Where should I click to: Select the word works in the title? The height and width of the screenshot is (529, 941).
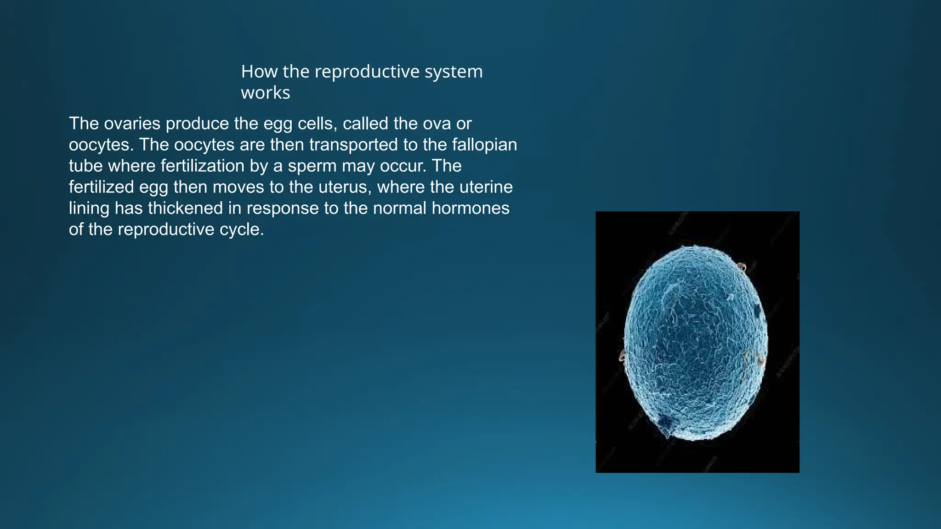click(x=266, y=93)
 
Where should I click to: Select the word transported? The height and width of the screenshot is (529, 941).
click(x=353, y=145)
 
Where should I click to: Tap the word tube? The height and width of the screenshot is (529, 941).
click(x=86, y=166)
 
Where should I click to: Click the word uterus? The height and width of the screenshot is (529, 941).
click(x=344, y=187)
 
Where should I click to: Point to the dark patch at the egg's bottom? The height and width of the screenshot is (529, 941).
click(x=664, y=422)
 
